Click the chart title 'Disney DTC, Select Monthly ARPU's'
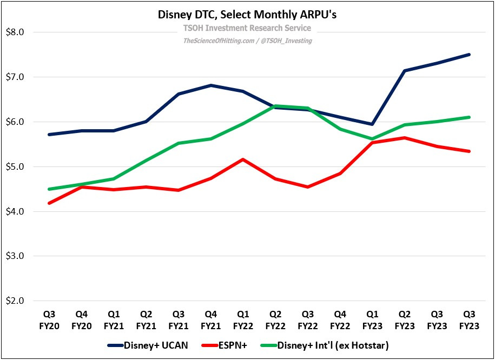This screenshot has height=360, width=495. (247, 15)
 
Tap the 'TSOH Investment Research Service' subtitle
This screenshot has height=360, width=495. (247, 28)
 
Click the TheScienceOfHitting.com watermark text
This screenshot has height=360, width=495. (247, 41)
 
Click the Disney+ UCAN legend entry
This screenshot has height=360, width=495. (149, 345)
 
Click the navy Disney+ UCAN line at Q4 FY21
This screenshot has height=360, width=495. (211, 85)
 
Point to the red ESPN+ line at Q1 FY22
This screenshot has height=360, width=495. (243, 159)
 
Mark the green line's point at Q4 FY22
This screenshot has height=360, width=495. (340, 129)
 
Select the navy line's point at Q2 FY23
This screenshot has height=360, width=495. (405, 71)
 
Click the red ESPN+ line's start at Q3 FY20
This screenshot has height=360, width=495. (49, 203)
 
